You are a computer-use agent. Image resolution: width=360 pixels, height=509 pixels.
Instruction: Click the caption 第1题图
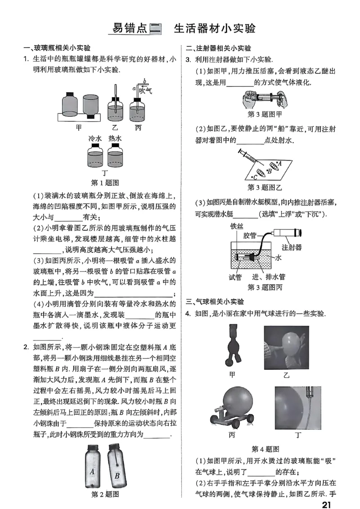click(x=104, y=183)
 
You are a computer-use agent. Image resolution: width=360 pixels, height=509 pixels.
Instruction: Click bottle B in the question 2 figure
click(x=116, y=468)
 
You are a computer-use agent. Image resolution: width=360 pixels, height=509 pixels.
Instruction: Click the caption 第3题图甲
click(x=265, y=114)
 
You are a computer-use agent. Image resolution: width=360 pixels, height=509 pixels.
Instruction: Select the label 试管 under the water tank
click(x=235, y=277)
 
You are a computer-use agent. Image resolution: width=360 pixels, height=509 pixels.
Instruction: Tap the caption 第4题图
click(x=265, y=449)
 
